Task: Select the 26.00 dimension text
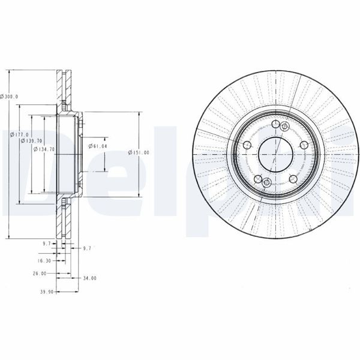tap(39, 273)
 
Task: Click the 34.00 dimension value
tap(89, 278)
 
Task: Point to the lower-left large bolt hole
tap(259, 179)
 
